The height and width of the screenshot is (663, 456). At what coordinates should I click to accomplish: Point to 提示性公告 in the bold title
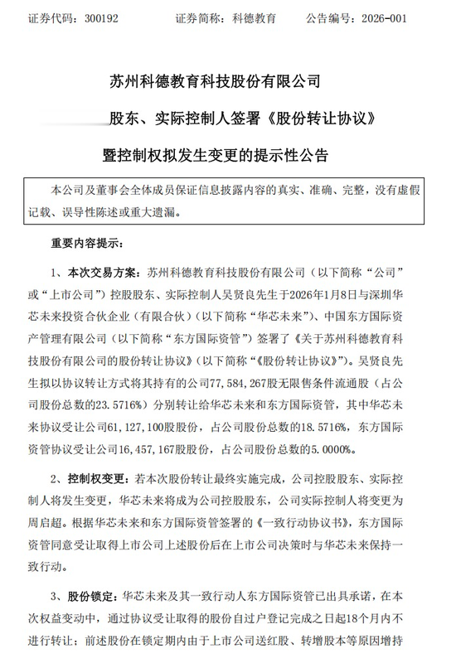pyautogui.click(x=291, y=155)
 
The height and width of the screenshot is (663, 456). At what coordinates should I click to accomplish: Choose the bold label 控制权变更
pyautogui.click(x=96, y=480)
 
